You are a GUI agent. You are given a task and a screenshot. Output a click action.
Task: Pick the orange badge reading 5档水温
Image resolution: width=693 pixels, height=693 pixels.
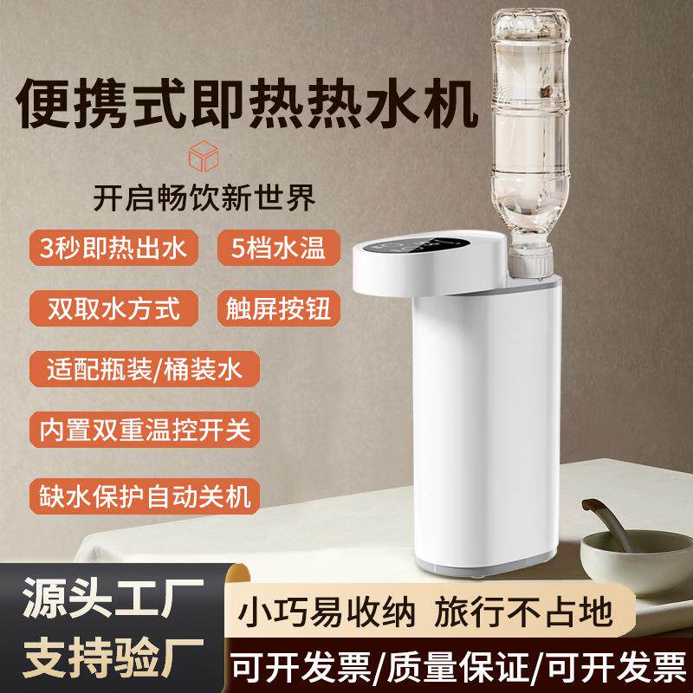278,249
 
